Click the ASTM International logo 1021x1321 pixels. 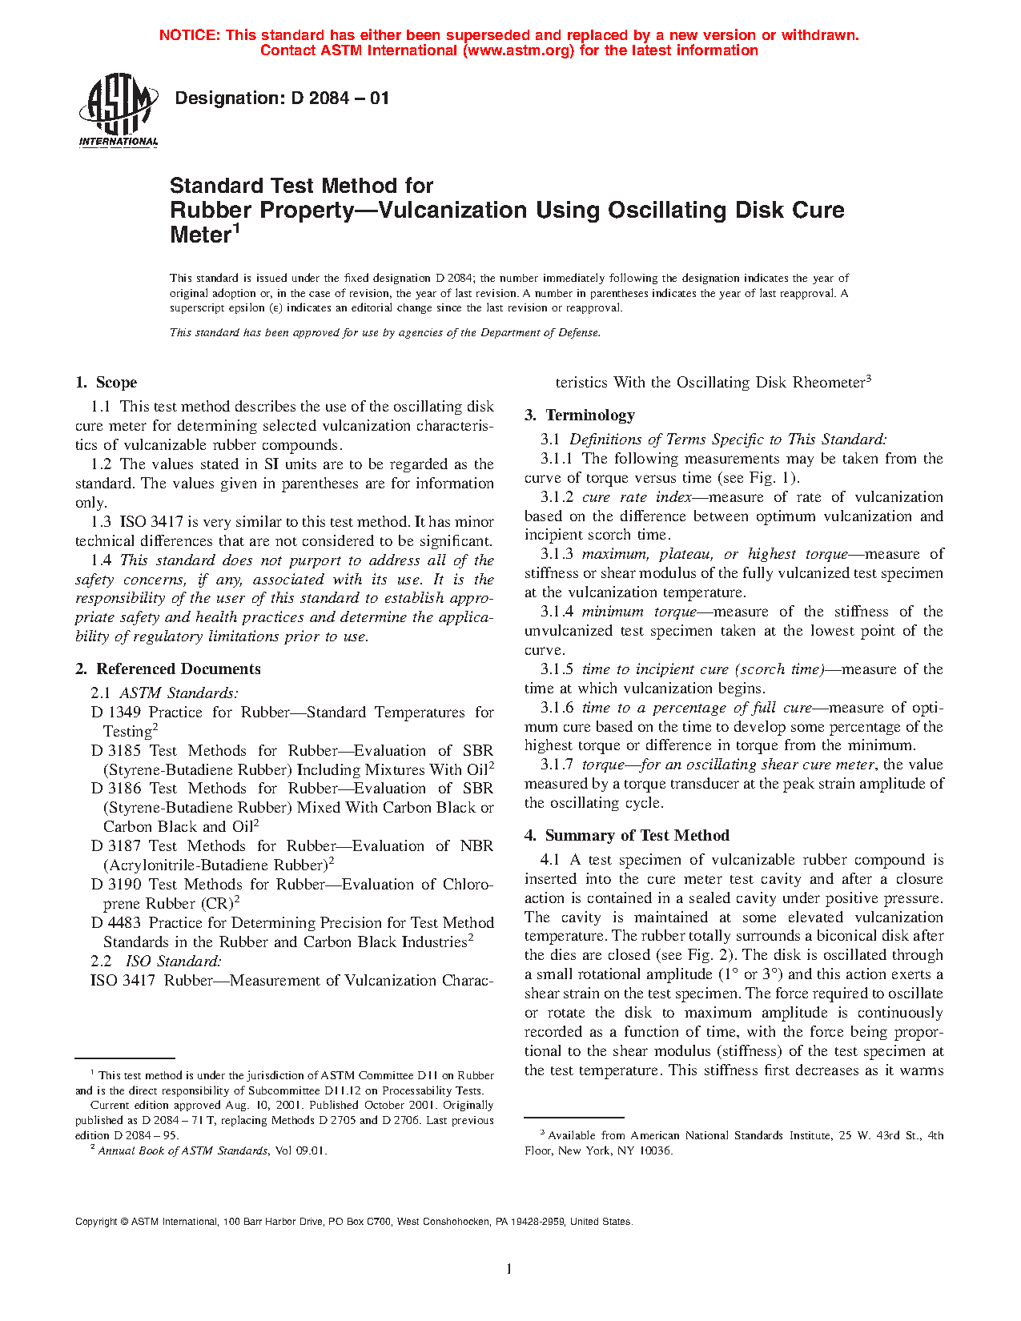pos(119,110)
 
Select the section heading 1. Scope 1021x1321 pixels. pos(107,383)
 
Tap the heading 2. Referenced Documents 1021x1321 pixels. pos(168,669)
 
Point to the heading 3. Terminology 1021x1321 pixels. pos(580,416)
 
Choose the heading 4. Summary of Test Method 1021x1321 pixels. pos(627,836)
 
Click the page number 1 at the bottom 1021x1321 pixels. pos(509,1268)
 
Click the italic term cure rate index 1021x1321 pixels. pos(637,497)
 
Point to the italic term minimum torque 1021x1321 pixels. pos(639,612)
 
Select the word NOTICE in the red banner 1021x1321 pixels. pos(189,35)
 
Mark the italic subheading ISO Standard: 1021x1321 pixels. pos(173,962)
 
